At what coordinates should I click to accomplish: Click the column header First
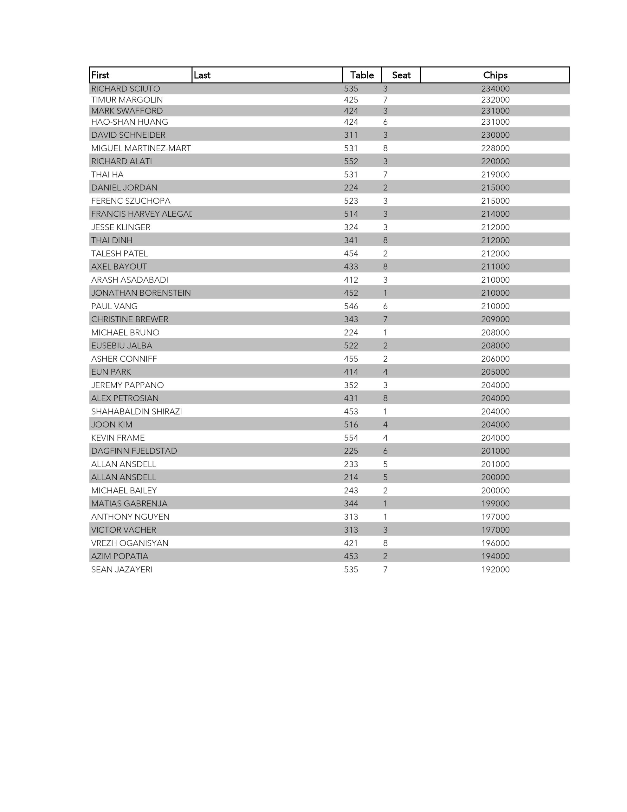(100, 75)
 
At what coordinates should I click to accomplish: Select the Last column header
(202, 75)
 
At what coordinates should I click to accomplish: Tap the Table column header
(362, 75)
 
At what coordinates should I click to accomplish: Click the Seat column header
(401, 75)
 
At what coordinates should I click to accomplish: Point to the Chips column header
(495, 75)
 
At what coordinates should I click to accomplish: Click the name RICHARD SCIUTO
(126, 89)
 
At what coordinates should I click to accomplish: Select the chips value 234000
(495, 89)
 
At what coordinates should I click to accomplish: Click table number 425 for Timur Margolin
(351, 100)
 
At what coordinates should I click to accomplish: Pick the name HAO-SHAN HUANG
(130, 122)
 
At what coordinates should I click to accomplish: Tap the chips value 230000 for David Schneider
(495, 135)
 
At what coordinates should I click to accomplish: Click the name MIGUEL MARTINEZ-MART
(141, 148)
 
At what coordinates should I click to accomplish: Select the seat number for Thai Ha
(385, 175)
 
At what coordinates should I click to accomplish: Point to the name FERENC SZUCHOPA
(131, 201)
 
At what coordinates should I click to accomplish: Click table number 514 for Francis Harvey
(351, 214)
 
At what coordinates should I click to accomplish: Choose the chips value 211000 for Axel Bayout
(495, 266)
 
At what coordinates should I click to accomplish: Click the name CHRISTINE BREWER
(130, 319)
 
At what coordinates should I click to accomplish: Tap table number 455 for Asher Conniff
(351, 359)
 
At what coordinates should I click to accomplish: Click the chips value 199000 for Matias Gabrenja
(495, 503)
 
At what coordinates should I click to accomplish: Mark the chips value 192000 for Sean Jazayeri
(495, 570)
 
